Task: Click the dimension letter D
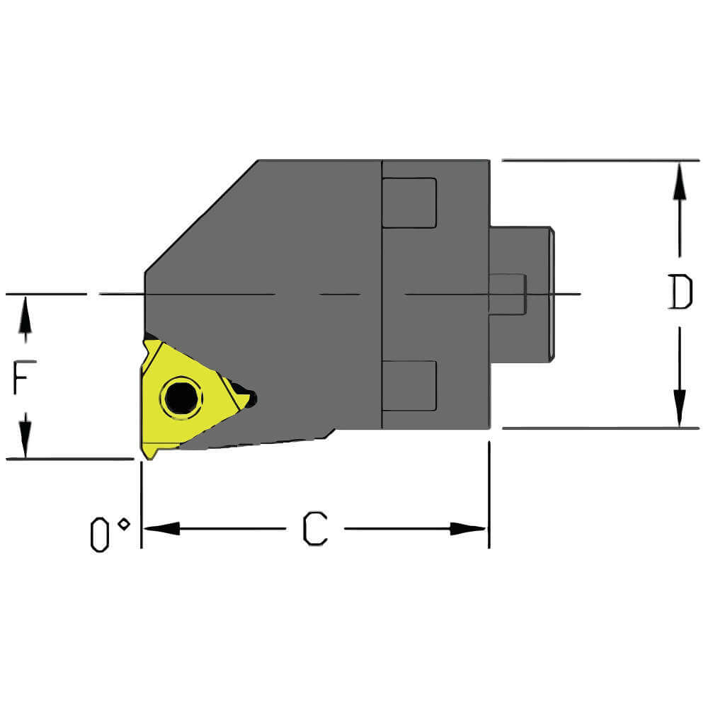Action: coord(680,292)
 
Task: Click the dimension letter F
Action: coord(24,377)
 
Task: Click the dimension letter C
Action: coord(315,529)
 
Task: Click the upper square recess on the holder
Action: coord(409,203)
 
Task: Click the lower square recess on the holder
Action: coord(409,385)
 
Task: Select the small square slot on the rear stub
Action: coord(508,294)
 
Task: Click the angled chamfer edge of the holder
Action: coord(201,216)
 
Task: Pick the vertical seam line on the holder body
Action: coord(382,294)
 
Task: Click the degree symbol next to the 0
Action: coord(124,524)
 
